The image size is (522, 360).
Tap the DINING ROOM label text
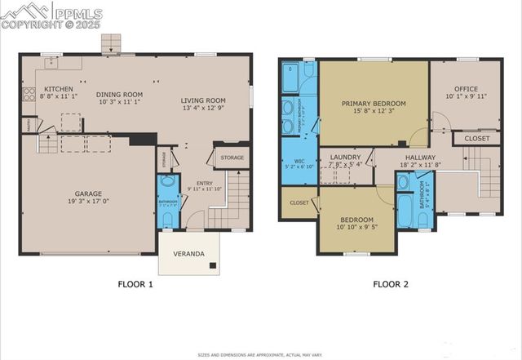tap(113, 94)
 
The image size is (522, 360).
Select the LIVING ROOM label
tap(203, 100)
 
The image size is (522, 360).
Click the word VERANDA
tap(188, 253)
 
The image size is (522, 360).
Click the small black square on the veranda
tap(212, 267)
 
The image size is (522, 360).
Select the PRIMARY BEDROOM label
tap(374, 104)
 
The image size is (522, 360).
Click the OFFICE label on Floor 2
tap(466, 89)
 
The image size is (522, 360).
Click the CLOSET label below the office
tap(477, 139)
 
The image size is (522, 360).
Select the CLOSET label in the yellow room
tap(299, 202)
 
